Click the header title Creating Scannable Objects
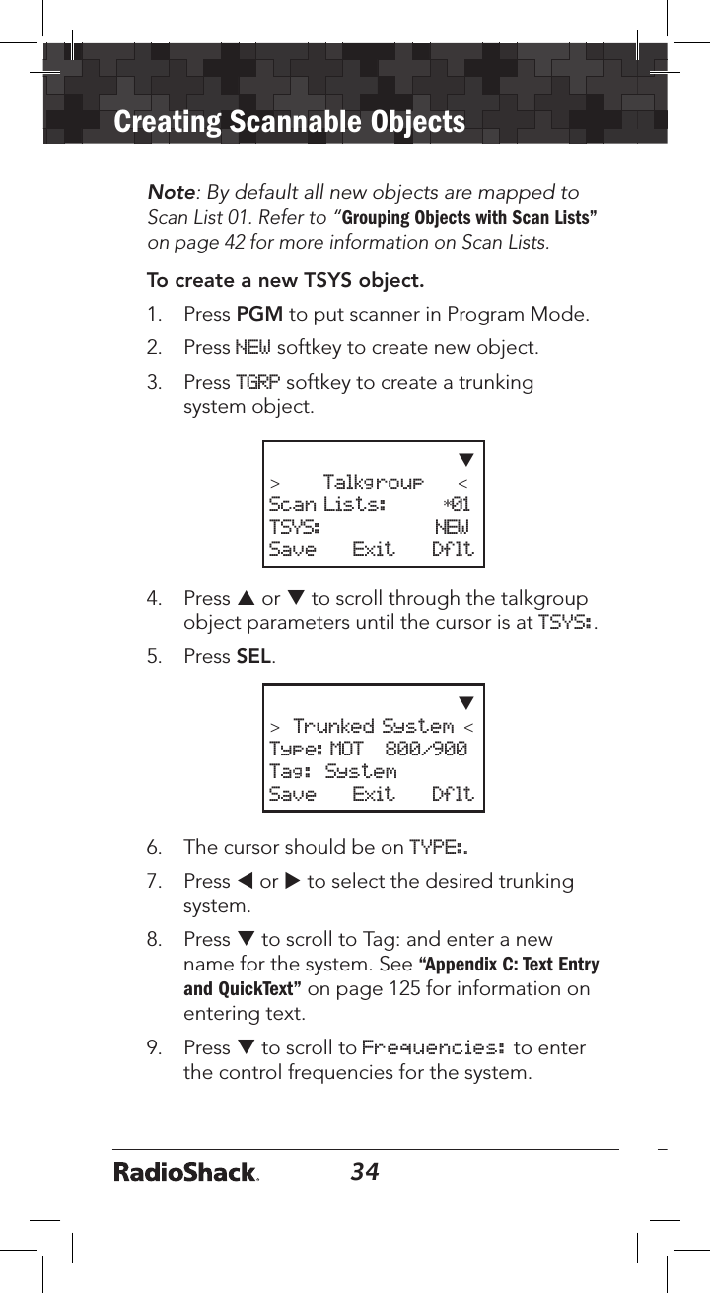tap(289, 122)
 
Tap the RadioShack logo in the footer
tap(186, 1173)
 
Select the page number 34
tap(365, 1172)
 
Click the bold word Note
tap(169, 193)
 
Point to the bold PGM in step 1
tap(260, 316)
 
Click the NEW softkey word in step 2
tap(252, 347)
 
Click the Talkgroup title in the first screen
tap(373, 483)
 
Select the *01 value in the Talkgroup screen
tap(457, 505)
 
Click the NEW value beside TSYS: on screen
tap(453, 527)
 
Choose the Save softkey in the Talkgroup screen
tap(293, 549)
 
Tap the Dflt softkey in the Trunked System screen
tap(453, 794)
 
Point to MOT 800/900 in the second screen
tap(398, 749)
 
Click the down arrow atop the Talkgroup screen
tap(466, 459)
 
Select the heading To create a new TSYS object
tap(285, 281)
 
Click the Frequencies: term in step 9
tap(435, 1047)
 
